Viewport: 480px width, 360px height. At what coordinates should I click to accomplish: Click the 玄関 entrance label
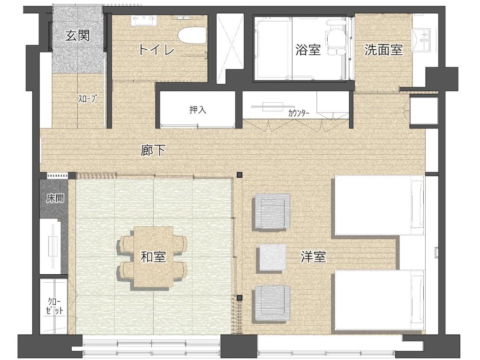coord(78,36)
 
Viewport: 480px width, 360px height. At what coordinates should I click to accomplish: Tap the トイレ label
coord(157,50)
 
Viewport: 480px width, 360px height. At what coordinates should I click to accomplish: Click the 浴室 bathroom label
coord(308,50)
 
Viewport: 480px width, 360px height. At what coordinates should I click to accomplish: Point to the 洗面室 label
coord(383,50)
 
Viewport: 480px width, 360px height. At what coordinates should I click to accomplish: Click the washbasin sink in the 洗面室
coord(421,37)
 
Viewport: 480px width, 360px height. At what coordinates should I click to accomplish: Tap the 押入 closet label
coord(198,110)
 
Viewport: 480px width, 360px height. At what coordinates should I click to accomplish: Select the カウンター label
coord(299,113)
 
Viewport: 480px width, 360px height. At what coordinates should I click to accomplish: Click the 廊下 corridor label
coord(153,150)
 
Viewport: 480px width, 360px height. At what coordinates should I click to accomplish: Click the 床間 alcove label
coord(55,198)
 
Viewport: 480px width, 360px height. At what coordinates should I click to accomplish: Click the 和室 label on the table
coord(153,256)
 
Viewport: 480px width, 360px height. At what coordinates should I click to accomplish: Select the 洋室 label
coord(313,256)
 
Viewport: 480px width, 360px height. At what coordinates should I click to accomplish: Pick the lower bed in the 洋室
coord(379,300)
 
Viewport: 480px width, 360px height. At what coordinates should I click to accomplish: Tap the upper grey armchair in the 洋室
coord(271,211)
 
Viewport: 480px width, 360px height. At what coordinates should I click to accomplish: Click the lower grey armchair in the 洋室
coord(271,303)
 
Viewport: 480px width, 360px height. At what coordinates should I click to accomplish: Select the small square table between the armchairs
coord(272,257)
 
